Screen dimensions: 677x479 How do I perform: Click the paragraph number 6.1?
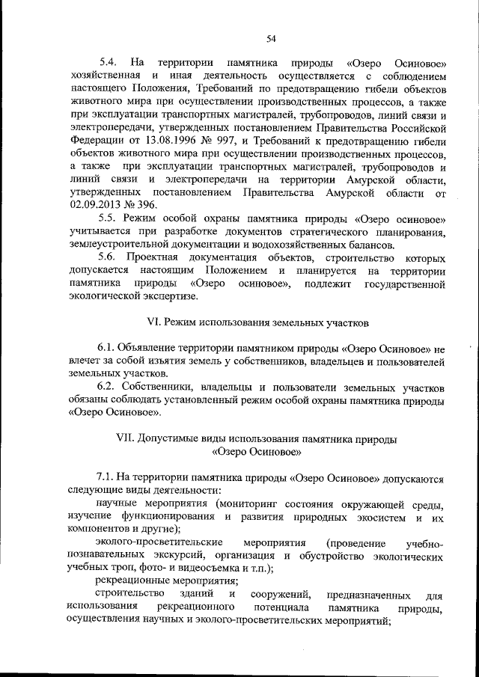[108, 349]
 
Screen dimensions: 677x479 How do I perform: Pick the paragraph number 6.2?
[108, 387]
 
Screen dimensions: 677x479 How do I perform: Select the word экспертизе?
[170, 296]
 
